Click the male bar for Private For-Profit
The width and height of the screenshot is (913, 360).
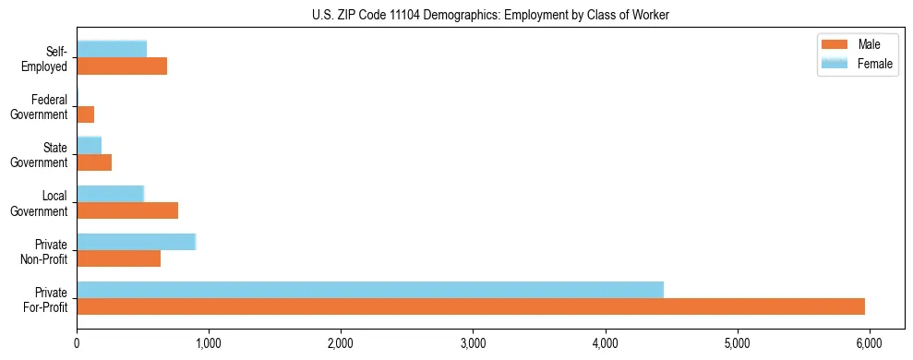[x=471, y=306]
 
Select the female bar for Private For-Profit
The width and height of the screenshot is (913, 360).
[x=370, y=290]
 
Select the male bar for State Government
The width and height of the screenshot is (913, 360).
[x=94, y=162]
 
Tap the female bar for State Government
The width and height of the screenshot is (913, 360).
[x=89, y=145]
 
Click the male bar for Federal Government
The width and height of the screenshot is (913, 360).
[x=86, y=114]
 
